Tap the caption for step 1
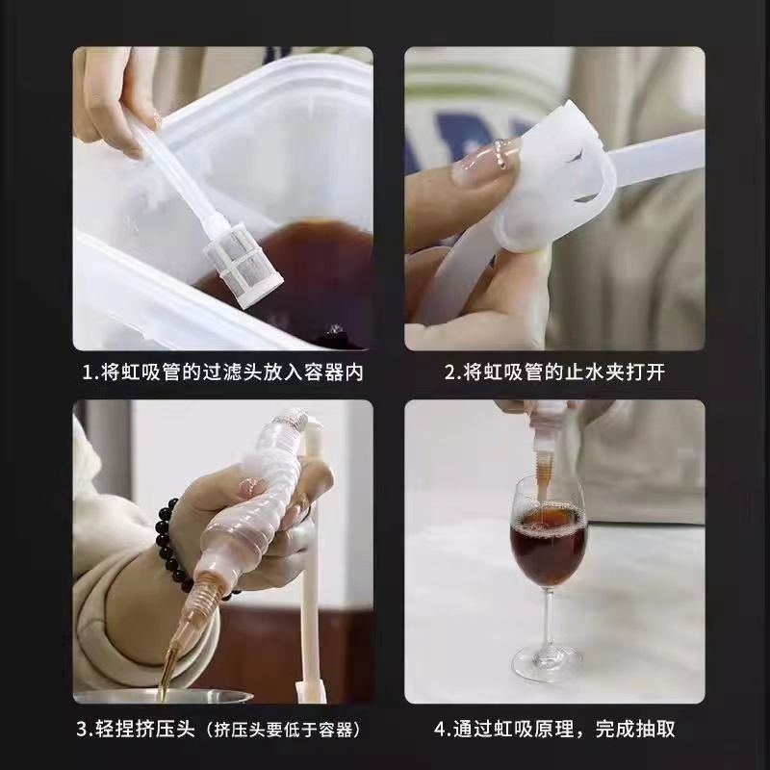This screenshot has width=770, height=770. (223, 372)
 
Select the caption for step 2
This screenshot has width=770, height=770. (553, 372)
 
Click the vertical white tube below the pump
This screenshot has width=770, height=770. (311, 616)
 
